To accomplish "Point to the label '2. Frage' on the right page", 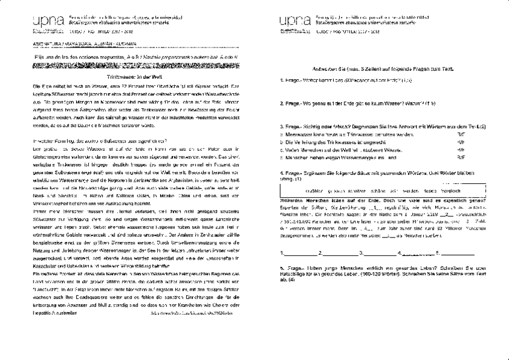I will point(292,103).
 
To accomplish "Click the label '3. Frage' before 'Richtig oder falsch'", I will point(292,127).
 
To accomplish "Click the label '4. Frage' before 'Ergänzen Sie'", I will point(292,173).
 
